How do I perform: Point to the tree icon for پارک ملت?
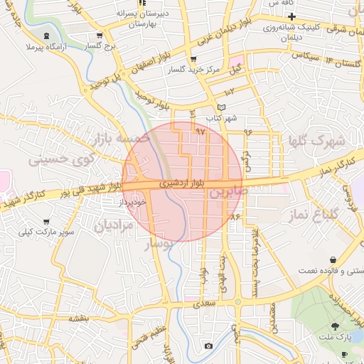coord(344,325)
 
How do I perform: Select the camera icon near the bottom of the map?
coord(208,346)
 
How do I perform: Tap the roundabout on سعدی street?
coord(238,301)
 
